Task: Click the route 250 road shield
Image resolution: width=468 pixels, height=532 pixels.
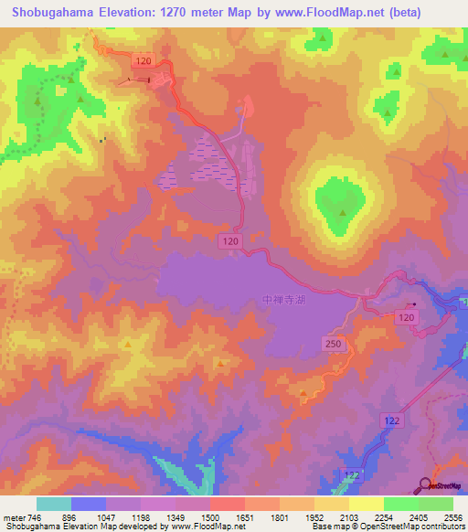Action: [334, 342]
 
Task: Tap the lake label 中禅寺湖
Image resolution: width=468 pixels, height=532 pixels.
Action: [280, 299]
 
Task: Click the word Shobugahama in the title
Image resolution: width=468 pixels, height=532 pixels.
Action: [55, 13]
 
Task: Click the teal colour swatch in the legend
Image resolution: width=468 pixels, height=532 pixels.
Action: [54, 504]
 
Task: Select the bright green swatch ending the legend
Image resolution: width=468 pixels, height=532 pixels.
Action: [436, 504]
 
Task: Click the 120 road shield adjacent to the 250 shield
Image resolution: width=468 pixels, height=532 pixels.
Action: [405, 316]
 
